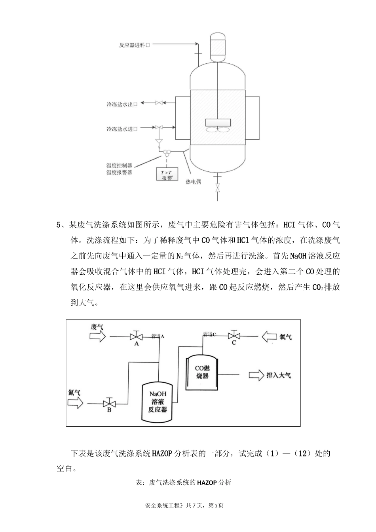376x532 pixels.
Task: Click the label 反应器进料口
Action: [x=135, y=45]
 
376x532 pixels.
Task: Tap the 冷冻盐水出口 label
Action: [x=122, y=104]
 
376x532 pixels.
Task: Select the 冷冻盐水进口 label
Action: [x=122, y=129]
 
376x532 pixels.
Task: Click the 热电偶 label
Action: [x=193, y=182]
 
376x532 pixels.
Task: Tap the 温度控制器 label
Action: [x=119, y=165]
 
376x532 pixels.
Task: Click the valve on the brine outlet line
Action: [x=159, y=103]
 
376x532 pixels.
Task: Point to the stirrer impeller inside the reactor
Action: [x=218, y=126]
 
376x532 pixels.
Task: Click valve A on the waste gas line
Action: [x=136, y=337]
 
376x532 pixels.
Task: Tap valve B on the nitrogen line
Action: [x=109, y=403]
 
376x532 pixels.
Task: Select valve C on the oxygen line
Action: [x=234, y=336]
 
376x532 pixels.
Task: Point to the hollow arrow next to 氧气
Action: [x=269, y=336]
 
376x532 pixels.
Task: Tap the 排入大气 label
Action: [x=279, y=375]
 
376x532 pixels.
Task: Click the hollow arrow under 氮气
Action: [x=75, y=403]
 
